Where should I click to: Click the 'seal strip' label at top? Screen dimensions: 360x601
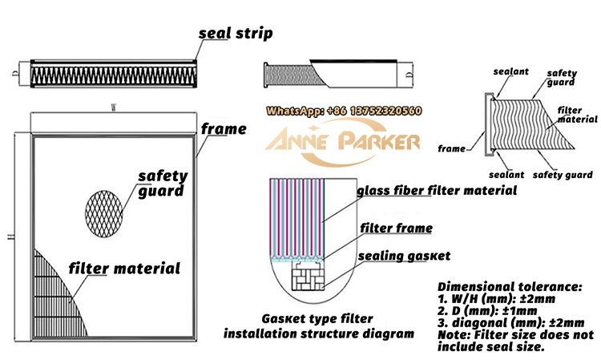point(236,34)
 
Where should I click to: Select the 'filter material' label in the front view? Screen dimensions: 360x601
point(124,268)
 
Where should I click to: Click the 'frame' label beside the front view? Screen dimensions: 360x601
point(224,128)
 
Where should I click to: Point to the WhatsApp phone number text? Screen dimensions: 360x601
point(344,111)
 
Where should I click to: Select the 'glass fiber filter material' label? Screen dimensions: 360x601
point(436,191)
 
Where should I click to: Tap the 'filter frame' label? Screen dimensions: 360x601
point(395,229)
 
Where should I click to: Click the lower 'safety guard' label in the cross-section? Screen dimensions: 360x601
point(563,175)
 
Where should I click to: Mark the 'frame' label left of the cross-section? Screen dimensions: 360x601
point(452,148)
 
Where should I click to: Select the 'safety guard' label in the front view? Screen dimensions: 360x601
point(163,184)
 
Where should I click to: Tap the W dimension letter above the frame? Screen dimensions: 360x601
point(112,115)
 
